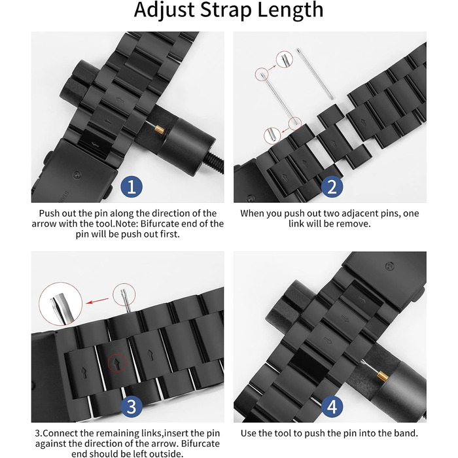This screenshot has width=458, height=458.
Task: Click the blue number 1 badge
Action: click(x=132, y=186)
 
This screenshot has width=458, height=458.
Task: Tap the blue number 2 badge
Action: click(x=332, y=186)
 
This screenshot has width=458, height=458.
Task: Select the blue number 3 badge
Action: click(x=132, y=406)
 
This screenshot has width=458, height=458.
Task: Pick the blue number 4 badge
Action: click(x=332, y=406)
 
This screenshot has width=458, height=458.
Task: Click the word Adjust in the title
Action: click(x=164, y=10)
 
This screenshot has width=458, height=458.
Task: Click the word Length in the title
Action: click(x=291, y=10)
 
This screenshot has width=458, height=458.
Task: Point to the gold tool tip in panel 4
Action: click(x=382, y=376)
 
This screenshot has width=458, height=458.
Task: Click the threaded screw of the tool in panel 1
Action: click(x=215, y=163)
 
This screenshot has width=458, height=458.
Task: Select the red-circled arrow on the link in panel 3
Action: click(x=117, y=363)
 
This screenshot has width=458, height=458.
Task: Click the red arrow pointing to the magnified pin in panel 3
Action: click(x=97, y=301)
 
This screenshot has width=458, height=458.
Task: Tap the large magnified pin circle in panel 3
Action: click(x=60, y=304)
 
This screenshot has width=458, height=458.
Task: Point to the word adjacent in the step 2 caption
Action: click(x=361, y=213)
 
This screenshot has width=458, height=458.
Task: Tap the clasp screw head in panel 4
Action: click(x=389, y=266)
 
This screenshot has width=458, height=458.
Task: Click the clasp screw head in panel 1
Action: click(x=77, y=175)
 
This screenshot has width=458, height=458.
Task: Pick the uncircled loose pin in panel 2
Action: click(x=315, y=73)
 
